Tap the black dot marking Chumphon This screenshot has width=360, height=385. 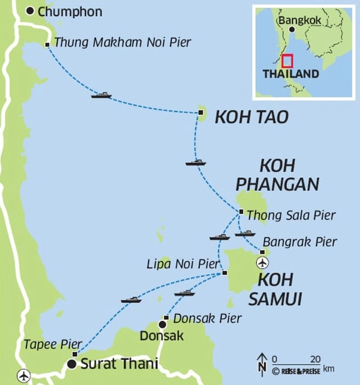point(30,10)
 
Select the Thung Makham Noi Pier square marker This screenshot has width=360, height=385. point(48,45)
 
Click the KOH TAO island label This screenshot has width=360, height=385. point(251,117)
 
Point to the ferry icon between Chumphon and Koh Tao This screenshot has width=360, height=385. point(102,95)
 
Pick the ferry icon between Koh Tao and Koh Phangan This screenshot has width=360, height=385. point(195,162)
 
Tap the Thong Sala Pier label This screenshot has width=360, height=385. point(291,215)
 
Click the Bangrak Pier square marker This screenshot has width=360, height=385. point(262,252)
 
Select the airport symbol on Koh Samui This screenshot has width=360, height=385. point(263,262)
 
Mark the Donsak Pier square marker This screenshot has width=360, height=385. point(166,318)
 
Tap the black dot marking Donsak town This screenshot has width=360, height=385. point(162,325)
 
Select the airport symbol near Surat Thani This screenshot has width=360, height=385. point(24,376)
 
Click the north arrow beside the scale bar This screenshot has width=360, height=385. point(262,363)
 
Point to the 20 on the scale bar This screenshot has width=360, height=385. point(314,359)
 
